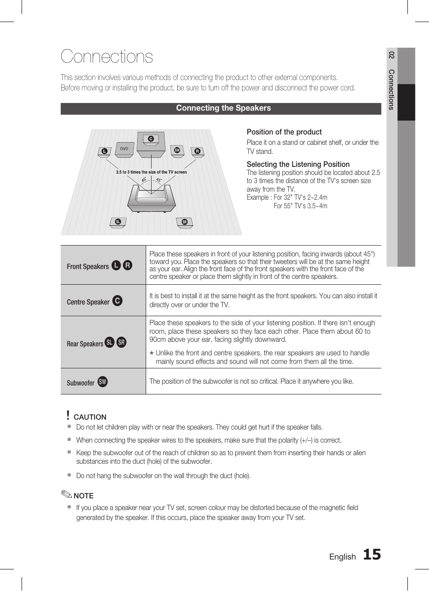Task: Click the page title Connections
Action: pos(107,57)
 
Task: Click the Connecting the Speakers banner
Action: pos(223,108)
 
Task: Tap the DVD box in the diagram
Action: pos(125,149)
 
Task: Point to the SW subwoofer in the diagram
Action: pos(177,151)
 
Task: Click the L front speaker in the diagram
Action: pos(104,152)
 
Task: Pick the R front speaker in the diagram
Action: pos(197,152)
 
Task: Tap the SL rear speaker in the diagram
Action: pos(118,222)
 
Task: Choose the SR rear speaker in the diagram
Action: pos(184,223)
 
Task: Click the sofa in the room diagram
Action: pos(151,198)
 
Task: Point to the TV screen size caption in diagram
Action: pos(151,172)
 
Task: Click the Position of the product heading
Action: pos(284,132)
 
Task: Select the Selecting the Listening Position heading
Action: pos(298,165)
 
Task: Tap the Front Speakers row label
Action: pos(88,266)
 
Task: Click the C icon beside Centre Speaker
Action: pos(117,301)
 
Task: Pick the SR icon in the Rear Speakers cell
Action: pos(121,343)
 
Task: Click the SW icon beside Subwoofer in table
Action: pos(103,382)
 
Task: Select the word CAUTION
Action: pos(90,417)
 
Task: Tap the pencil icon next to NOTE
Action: pos(66,495)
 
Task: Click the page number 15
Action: pos(371,555)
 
